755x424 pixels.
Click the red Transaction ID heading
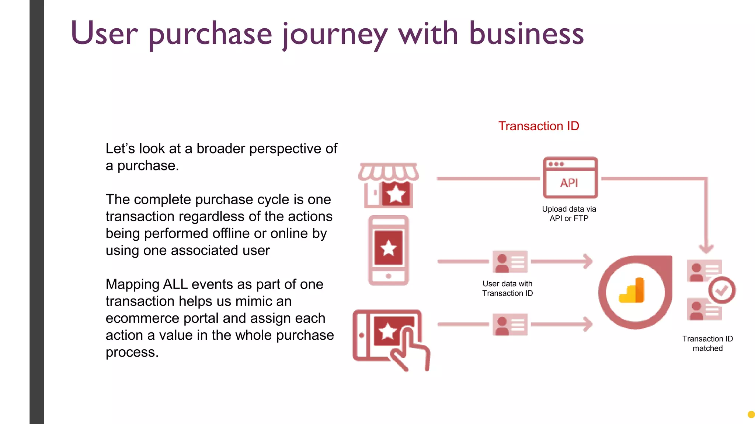click(539, 126)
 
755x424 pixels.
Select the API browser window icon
click(570, 178)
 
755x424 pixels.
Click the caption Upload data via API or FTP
click(569, 214)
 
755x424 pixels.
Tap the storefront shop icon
click(389, 186)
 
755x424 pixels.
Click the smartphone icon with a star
click(389, 250)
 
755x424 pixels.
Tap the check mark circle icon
click(721, 290)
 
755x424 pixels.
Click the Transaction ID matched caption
click(707, 343)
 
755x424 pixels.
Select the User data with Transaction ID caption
click(507, 289)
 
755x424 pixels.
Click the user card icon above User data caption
click(510, 262)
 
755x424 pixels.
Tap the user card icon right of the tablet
click(510, 324)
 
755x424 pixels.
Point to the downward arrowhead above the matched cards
click(706, 248)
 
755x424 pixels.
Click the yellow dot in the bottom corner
click(751, 415)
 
